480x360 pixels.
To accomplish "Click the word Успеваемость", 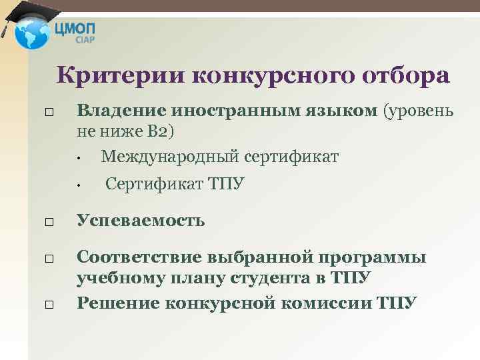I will point(141,220).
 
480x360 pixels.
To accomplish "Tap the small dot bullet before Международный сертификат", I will point(78,159).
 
